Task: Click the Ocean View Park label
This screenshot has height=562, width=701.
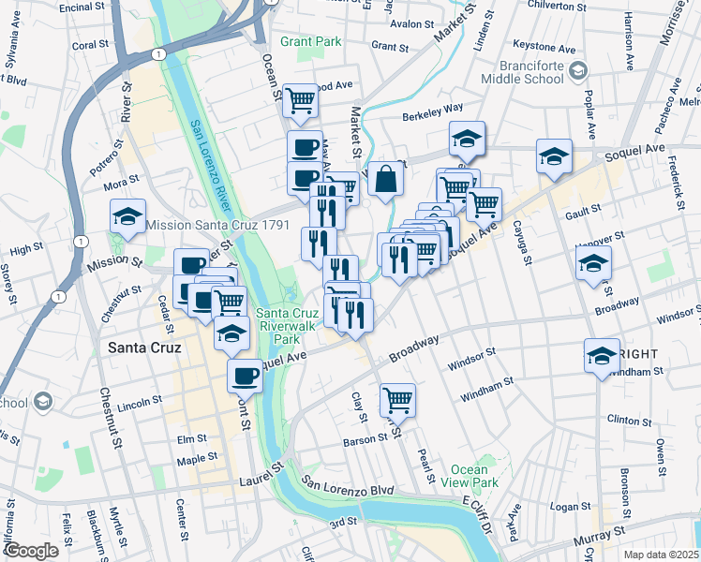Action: tap(469, 476)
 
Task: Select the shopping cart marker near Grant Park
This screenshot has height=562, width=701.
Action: tap(300, 100)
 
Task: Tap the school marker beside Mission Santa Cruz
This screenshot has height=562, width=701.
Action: tap(127, 217)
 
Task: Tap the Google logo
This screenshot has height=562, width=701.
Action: tap(31, 550)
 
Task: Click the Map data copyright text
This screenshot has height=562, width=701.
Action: tap(662, 554)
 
